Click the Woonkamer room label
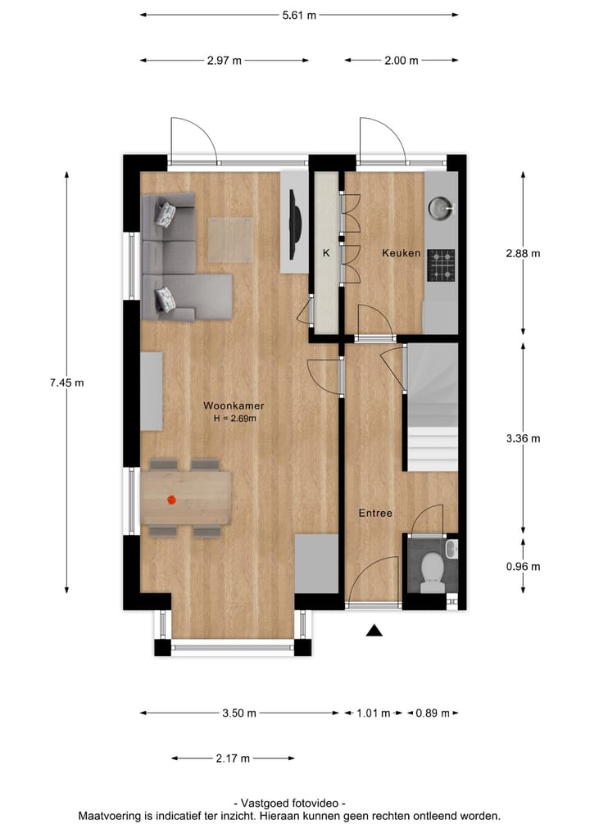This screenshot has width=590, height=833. [x=234, y=405]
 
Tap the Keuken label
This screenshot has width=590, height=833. [x=401, y=253]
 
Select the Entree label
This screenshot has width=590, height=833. [x=375, y=514]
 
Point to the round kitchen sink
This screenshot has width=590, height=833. [x=439, y=209]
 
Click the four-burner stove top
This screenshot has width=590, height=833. [x=442, y=265]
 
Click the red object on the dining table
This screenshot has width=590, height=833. [x=172, y=500]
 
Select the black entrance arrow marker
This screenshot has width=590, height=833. [x=374, y=630]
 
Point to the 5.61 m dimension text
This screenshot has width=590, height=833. [x=299, y=15]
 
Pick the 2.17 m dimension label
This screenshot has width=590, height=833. [x=233, y=758]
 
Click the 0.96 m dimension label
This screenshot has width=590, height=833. [x=524, y=566]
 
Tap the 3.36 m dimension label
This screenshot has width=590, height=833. [x=524, y=438]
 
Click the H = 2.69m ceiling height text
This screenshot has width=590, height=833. [x=234, y=419]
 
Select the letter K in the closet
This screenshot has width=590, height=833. [x=325, y=253]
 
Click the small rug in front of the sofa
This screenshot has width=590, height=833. [x=229, y=239]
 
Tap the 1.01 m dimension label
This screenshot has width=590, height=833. [x=374, y=713]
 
